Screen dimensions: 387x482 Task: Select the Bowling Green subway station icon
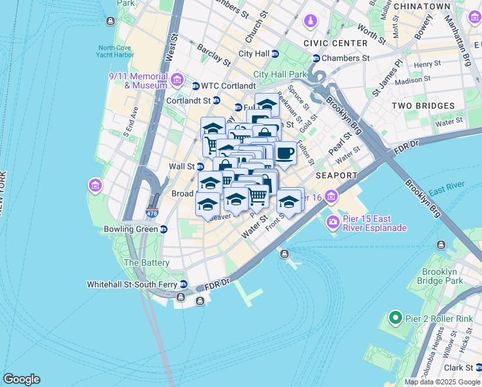click(x=164, y=229)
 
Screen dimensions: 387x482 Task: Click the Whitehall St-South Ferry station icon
click(x=184, y=284)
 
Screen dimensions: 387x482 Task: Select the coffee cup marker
click(x=285, y=154)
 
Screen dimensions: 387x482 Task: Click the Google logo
click(x=21, y=379)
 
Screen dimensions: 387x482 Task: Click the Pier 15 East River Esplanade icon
click(x=333, y=223)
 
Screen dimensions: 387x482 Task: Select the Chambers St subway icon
click(x=316, y=58)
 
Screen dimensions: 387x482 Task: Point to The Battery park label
click(x=146, y=263)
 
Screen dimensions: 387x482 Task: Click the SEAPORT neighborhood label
click(x=336, y=175)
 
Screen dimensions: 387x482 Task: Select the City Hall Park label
click(x=280, y=74)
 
